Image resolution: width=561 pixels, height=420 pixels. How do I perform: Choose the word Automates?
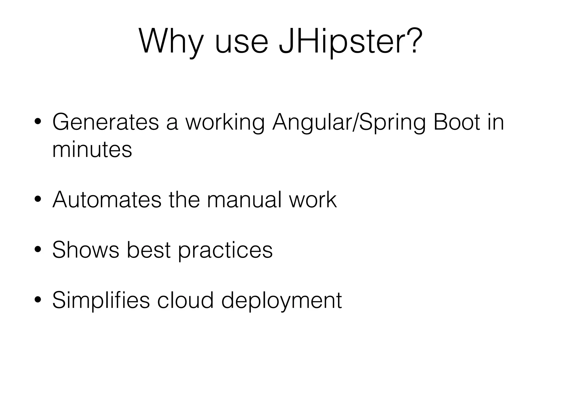107,200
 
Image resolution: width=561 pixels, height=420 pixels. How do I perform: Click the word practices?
225,250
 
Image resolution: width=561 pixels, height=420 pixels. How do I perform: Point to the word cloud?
185,300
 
